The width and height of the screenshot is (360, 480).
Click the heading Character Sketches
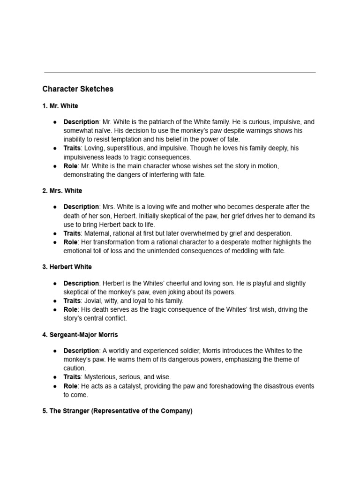78,89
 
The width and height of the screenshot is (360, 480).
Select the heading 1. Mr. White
60,106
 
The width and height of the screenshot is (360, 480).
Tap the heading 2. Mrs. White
62,191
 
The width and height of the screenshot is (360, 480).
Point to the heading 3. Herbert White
67,267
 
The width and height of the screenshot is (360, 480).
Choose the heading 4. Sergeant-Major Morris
80,335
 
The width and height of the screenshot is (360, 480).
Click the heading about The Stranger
117,411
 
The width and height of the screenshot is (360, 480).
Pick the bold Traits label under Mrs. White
72,233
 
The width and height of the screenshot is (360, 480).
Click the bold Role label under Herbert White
70,310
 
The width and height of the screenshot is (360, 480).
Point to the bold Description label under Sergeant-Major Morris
81,351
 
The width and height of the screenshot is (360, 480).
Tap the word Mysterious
101,377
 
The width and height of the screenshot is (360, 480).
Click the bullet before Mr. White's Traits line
55,148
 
